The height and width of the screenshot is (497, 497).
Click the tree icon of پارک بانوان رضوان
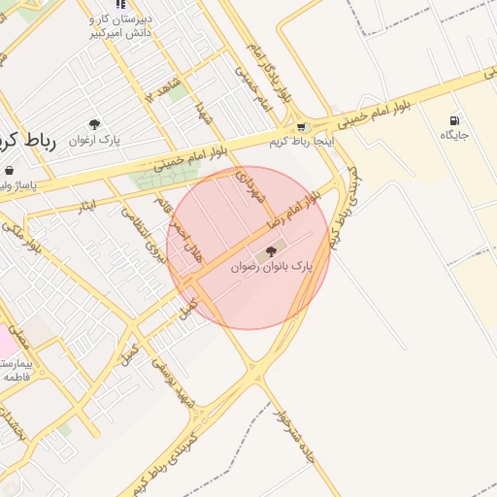tap(271, 251)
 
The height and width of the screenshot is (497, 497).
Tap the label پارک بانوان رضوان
tap(273, 265)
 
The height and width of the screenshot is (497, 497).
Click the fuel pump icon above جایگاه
tap(454, 121)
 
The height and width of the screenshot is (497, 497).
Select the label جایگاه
tap(454, 135)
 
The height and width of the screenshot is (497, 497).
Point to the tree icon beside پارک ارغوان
tap(94, 124)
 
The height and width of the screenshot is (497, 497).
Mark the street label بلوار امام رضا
tap(297, 211)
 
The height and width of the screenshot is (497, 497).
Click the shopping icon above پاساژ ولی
tap(10, 170)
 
